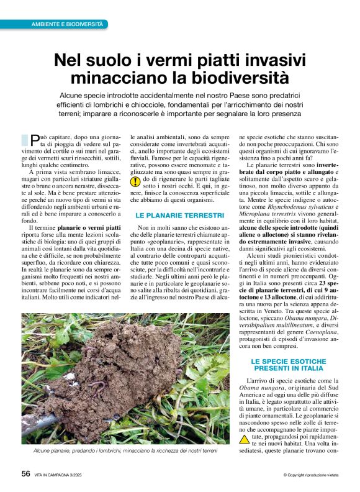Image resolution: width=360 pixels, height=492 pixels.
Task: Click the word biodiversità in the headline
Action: click(x=237, y=78)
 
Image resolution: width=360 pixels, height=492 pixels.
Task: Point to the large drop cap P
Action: click(x=35, y=140)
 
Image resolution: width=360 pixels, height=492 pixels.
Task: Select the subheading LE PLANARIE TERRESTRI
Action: click(x=171, y=215)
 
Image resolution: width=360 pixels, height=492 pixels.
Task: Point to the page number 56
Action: click(x=25, y=474)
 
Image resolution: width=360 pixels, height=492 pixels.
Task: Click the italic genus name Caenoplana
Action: click(x=317, y=330)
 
